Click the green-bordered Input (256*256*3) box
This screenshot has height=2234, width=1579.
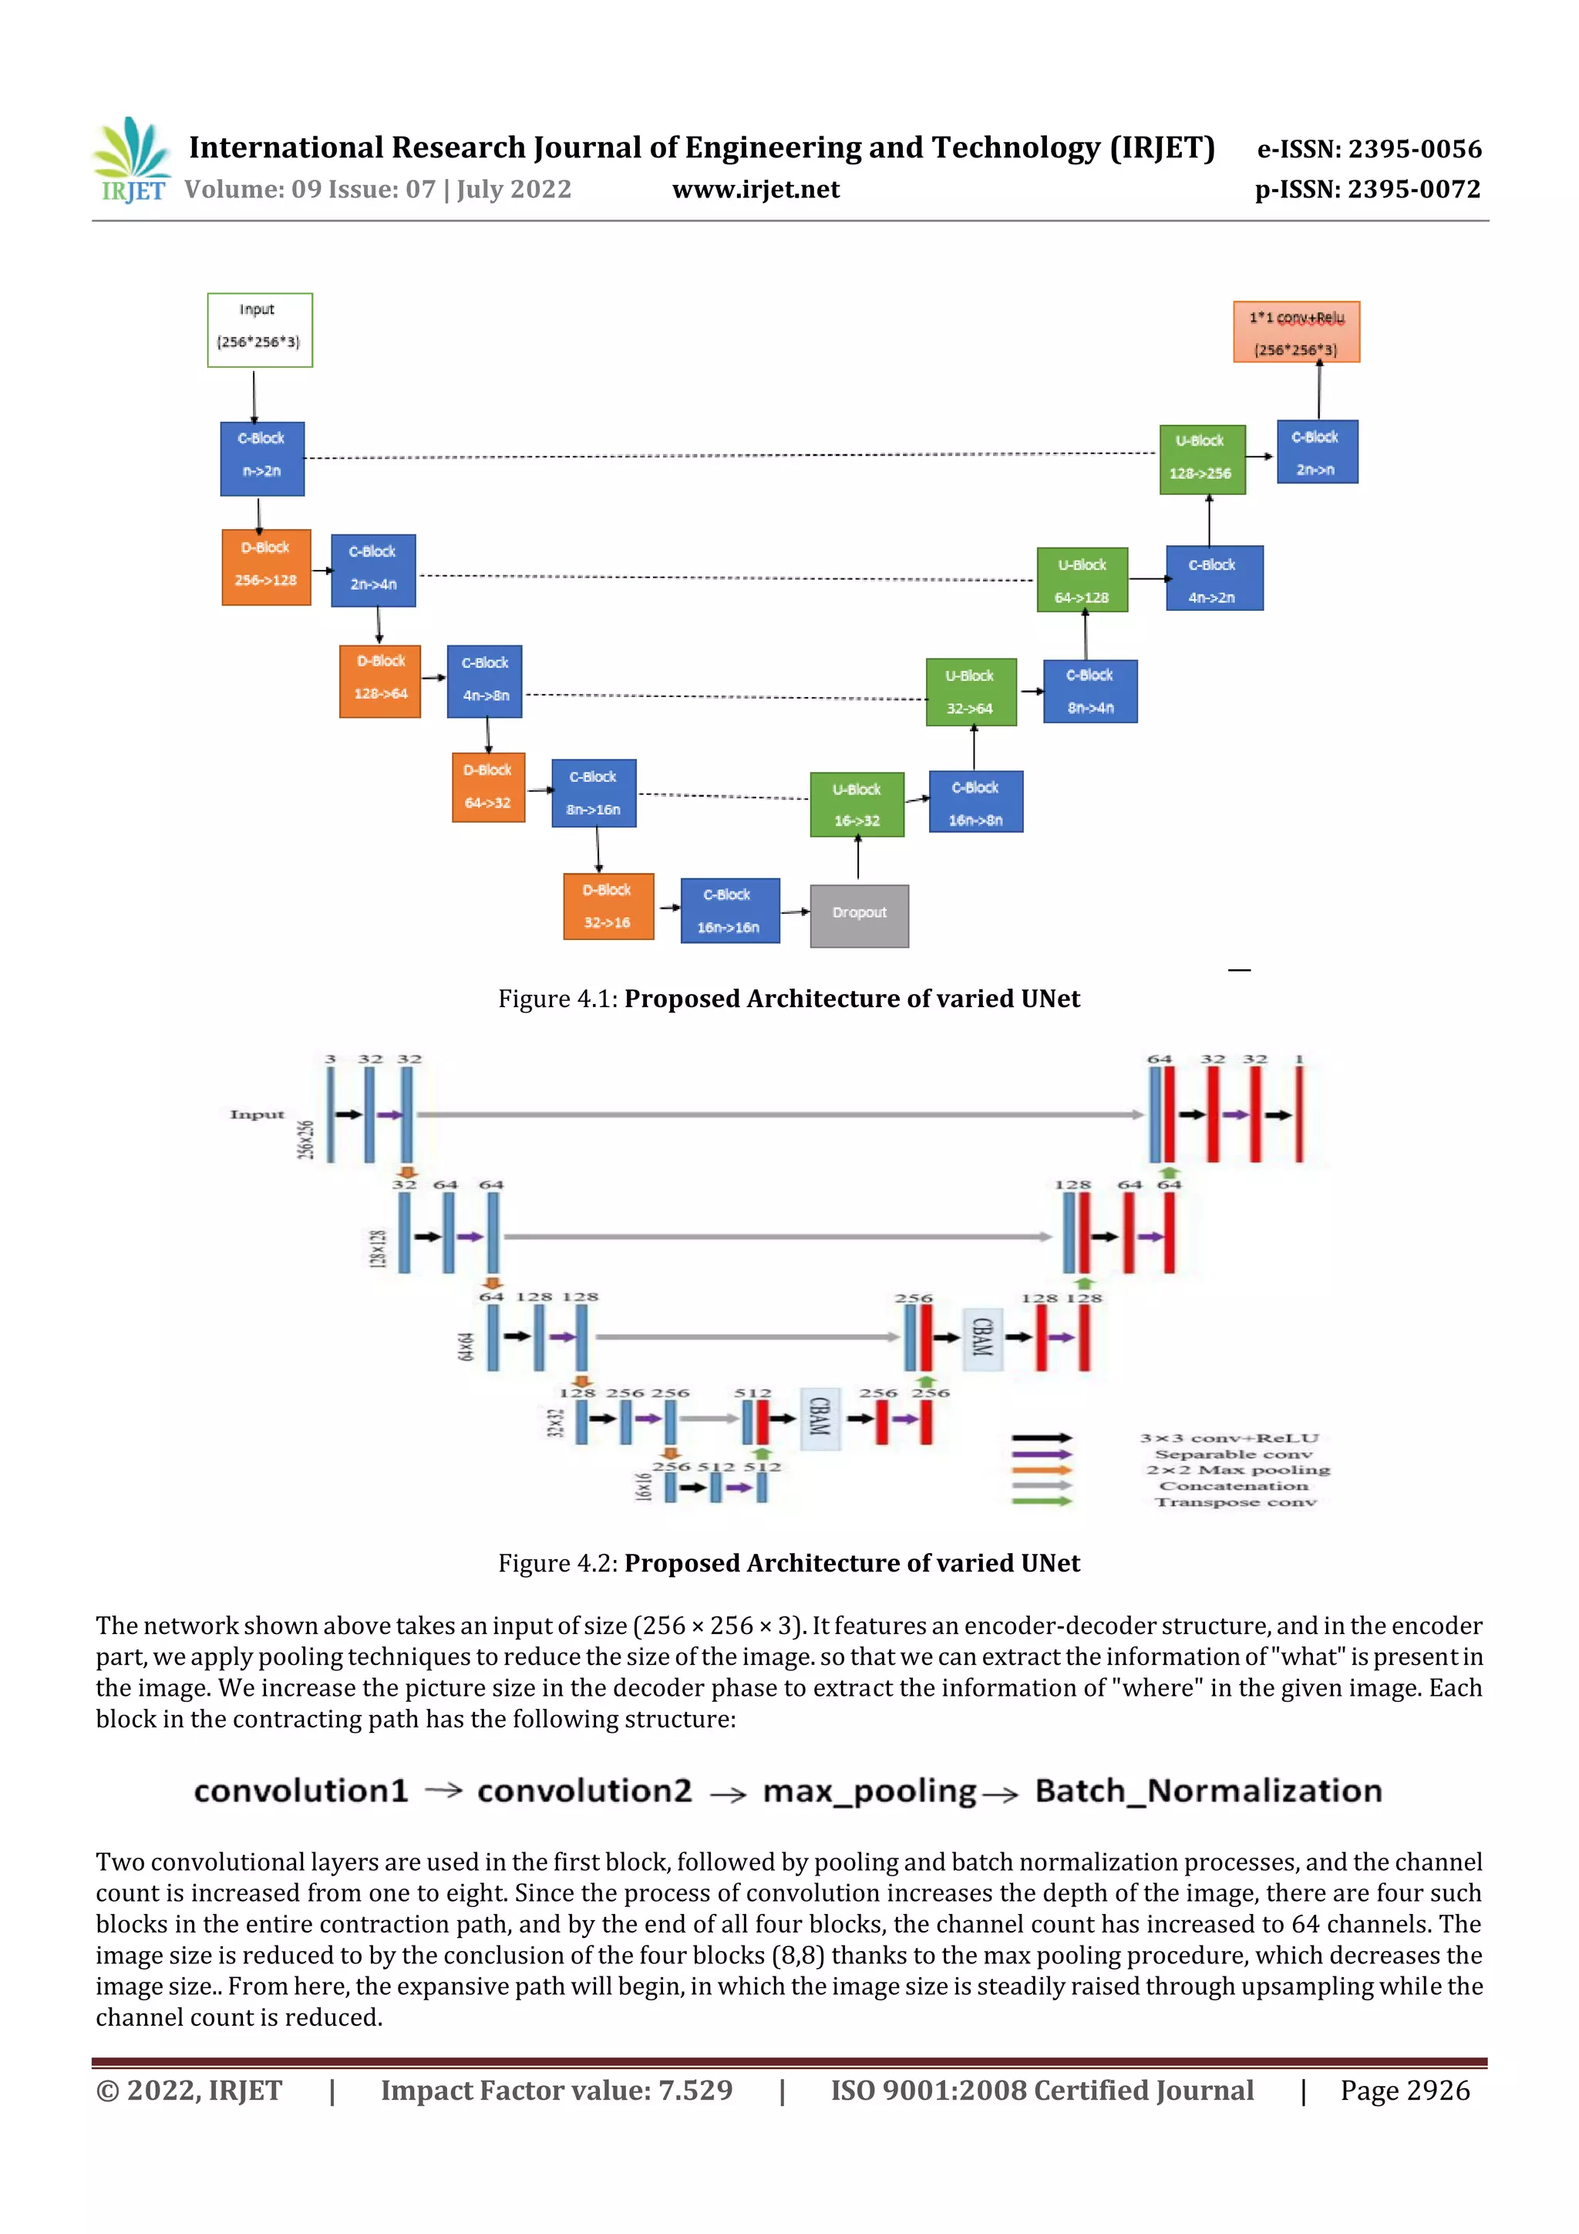click(x=260, y=330)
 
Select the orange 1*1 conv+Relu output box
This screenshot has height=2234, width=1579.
click(x=1296, y=333)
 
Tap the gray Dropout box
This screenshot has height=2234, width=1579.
click(x=859, y=915)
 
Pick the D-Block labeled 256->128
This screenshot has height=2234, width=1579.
click(x=265, y=568)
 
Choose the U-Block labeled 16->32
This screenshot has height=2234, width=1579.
click(x=856, y=804)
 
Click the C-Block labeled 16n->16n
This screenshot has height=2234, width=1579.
click(x=729, y=911)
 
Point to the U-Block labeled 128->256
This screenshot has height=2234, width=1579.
click(x=1201, y=460)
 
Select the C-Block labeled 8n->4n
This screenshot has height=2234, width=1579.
click(x=1089, y=692)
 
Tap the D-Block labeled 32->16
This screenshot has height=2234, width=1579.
click(x=608, y=906)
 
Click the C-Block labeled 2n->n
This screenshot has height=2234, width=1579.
click(x=1316, y=453)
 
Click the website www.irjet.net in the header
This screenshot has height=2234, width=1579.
click(x=755, y=190)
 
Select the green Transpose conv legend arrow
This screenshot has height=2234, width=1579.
click(x=1041, y=1501)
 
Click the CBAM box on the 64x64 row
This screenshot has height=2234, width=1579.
click(x=981, y=1338)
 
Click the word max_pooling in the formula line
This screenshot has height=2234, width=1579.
click(x=869, y=1791)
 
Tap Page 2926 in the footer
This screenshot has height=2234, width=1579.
click(x=1404, y=2090)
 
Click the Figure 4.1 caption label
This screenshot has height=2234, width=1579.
click(x=557, y=999)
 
